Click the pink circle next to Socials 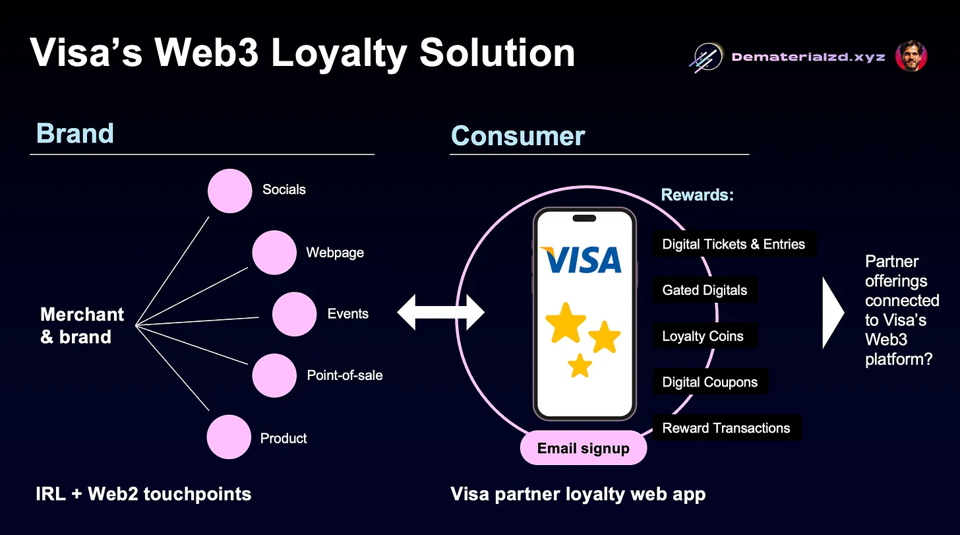click(x=230, y=191)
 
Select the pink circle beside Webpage click(x=274, y=253)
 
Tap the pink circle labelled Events click(x=294, y=314)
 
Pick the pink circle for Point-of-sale click(x=274, y=375)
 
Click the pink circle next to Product click(x=229, y=437)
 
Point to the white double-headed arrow click(x=440, y=313)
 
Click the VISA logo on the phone click(x=581, y=259)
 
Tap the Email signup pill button click(x=584, y=449)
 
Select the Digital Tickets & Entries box click(x=734, y=244)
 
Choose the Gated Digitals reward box click(x=705, y=290)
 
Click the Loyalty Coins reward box click(x=703, y=336)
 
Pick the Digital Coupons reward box click(x=710, y=383)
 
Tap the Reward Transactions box click(x=726, y=428)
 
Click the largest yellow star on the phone click(x=566, y=323)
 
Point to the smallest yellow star click(x=580, y=365)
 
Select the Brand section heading click(x=75, y=133)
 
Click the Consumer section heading click(x=518, y=136)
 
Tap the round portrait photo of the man click(x=911, y=57)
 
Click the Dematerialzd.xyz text click(x=808, y=57)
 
